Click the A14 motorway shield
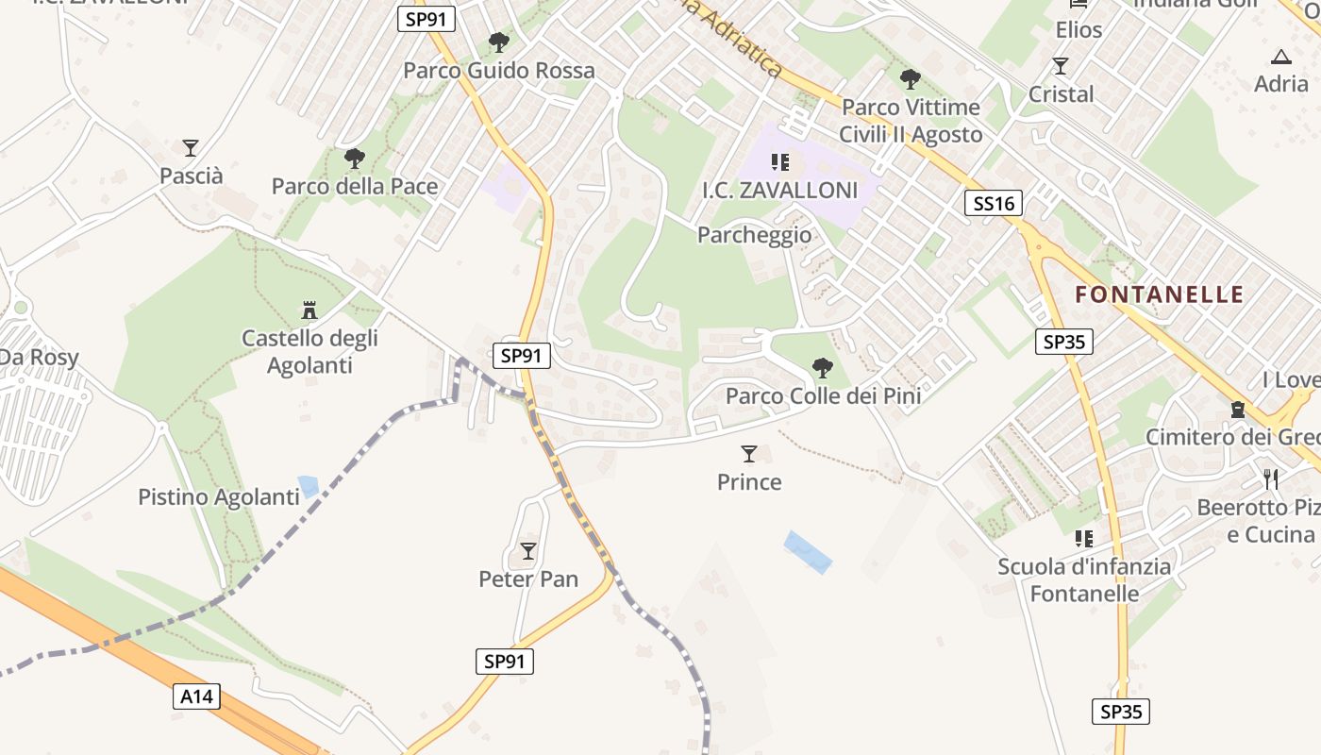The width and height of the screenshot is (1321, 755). click(x=196, y=696)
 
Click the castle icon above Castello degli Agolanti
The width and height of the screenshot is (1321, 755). click(x=309, y=310)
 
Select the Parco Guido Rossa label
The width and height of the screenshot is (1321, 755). click(x=499, y=71)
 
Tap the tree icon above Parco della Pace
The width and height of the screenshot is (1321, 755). click(x=355, y=158)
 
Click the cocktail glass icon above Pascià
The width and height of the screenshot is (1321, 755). click(x=191, y=148)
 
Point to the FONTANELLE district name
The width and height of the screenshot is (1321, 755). click(x=1160, y=294)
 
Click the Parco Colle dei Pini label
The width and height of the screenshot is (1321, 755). click(x=823, y=396)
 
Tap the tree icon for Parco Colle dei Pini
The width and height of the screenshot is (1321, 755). click(x=823, y=367)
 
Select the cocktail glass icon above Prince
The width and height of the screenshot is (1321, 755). click(x=749, y=454)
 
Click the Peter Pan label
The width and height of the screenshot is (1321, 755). click(x=528, y=579)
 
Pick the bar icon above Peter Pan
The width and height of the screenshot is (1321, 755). click(x=528, y=550)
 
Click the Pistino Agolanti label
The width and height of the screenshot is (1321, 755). click(x=219, y=497)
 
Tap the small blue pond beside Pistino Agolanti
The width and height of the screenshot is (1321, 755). click(x=309, y=486)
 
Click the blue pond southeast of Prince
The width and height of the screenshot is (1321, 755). click(x=808, y=551)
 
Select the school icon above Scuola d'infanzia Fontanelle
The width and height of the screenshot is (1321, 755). click(x=1083, y=539)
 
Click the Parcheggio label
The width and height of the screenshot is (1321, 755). click(x=754, y=235)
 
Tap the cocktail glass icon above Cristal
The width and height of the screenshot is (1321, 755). click(x=1061, y=66)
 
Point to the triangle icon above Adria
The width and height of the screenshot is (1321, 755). click(x=1280, y=57)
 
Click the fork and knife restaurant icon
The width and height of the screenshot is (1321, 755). click(x=1271, y=478)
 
